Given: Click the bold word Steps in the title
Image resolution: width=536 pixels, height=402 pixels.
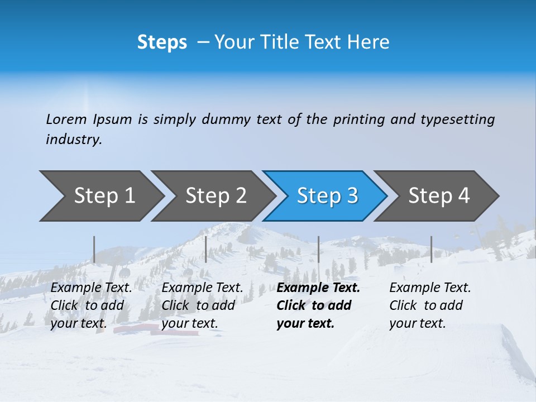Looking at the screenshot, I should coord(162,42).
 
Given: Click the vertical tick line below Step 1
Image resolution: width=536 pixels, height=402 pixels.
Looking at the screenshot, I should coord(94,249).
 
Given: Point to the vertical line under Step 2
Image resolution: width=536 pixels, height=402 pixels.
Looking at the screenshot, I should coord(206,249).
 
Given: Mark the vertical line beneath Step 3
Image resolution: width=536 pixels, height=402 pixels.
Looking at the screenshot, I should coord(318,249).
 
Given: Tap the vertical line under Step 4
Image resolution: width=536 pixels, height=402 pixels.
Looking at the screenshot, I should coord(431,249).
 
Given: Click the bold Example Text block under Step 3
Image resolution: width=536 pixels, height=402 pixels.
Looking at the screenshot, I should coord(318,305).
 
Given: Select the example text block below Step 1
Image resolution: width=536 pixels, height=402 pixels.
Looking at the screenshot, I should coord(91,305).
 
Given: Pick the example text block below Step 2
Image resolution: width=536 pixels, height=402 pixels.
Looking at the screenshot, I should coord(202,305).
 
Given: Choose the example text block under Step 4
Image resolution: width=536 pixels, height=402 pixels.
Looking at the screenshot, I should coord(430,305).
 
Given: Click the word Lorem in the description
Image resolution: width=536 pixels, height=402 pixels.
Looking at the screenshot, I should coord(66,119).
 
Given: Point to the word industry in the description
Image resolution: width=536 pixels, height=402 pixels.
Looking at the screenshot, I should coord(73,140).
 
